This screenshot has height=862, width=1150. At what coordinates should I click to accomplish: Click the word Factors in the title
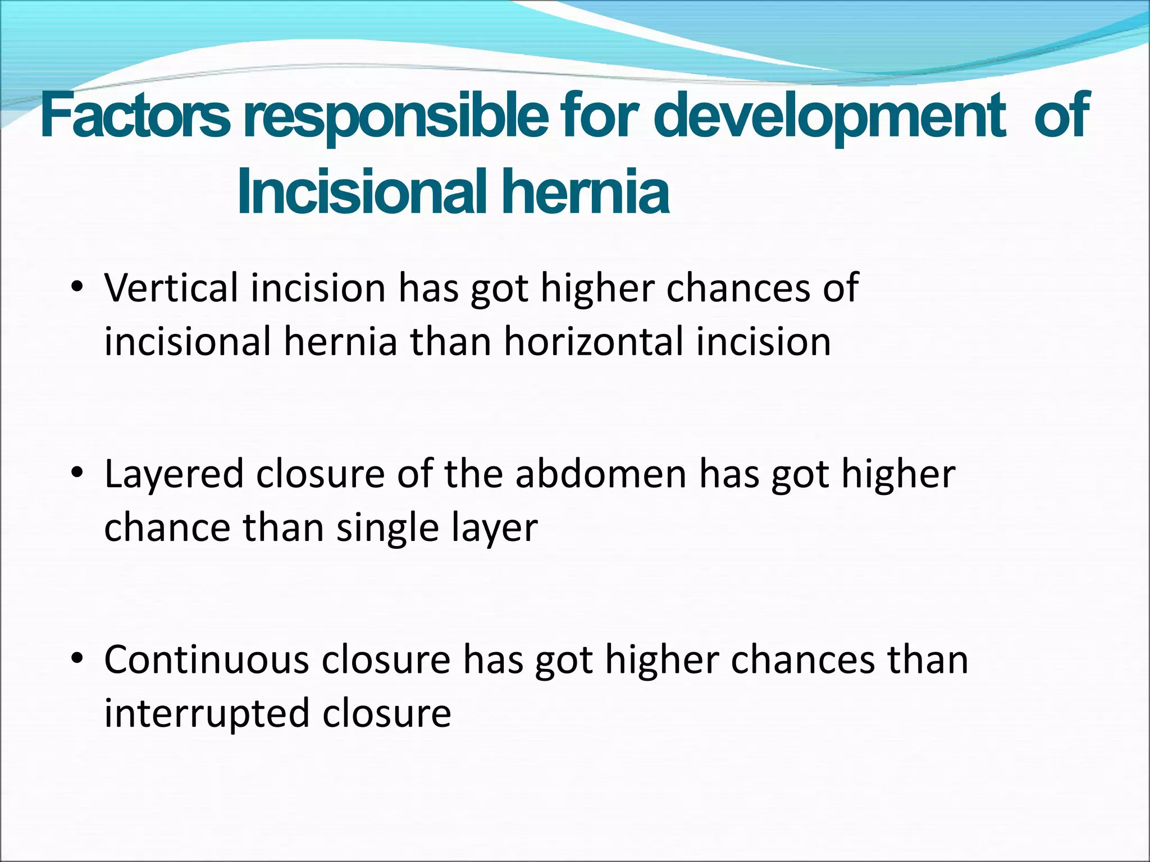[135, 117]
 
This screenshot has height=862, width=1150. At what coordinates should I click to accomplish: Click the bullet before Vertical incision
[77, 288]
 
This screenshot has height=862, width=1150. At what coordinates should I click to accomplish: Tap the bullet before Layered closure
[77, 473]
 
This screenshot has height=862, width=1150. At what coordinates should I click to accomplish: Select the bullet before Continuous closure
[77, 658]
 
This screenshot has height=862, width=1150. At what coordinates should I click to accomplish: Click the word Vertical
[171, 287]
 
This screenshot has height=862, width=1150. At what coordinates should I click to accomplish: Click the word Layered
[174, 473]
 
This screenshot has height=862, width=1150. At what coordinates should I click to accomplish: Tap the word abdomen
[601, 473]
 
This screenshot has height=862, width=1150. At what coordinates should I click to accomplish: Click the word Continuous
[206, 659]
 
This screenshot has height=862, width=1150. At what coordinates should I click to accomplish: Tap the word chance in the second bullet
[167, 528]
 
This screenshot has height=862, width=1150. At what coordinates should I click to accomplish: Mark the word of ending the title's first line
[1061, 117]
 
